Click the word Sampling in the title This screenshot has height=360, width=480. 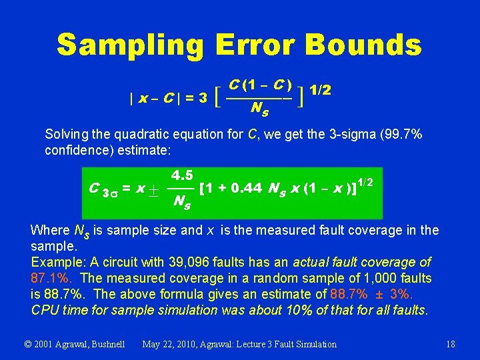pyautogui.click(x=130, y=45)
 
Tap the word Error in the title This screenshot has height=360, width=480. pyautogui.click(x=255, y=45)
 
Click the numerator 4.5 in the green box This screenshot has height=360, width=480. pyautogui.click(x=182, y=176)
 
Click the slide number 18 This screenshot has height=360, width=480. pyautogui.click(x=451, y=344)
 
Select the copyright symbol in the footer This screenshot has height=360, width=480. pyautogui.click(x=28, y=344)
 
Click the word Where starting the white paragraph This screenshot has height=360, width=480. pyautogui.click(x=49, y=231)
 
